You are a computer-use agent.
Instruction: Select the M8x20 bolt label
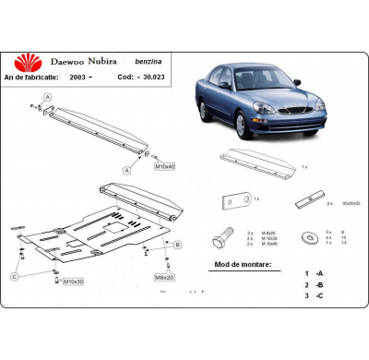(x=164, y=276)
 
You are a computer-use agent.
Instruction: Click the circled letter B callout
(x=177, y=244)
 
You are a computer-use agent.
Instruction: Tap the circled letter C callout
(x=15, y=276)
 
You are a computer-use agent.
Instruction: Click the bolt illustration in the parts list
(x=222, y=238)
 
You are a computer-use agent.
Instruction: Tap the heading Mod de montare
(x=242, y=264)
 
